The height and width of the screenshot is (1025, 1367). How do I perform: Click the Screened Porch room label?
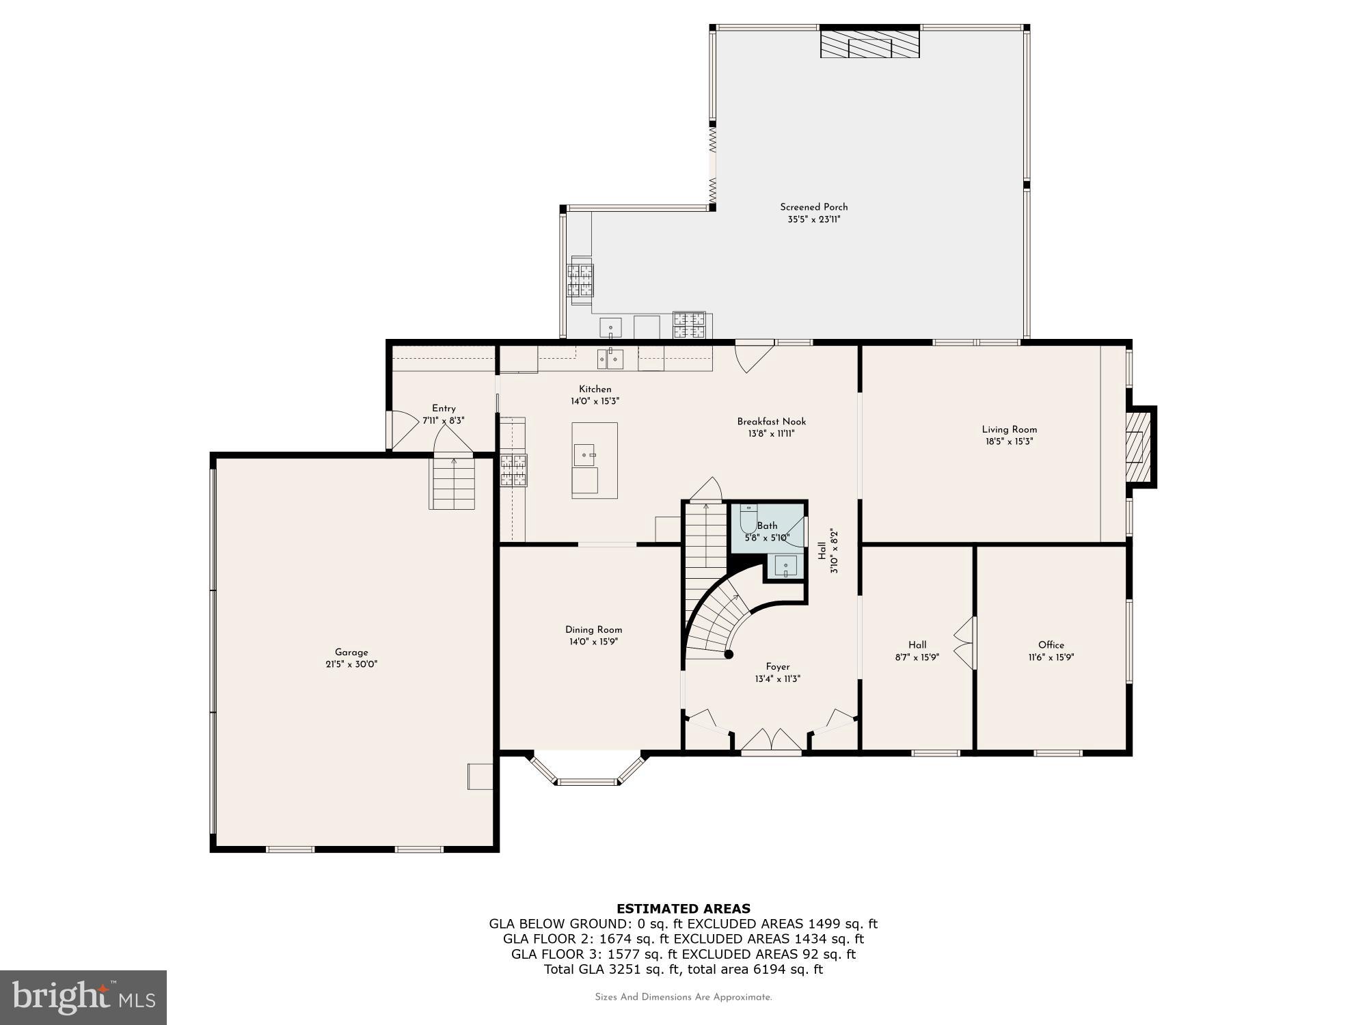pos(813,207)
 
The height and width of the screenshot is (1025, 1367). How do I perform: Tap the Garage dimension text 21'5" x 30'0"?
pos(351,664)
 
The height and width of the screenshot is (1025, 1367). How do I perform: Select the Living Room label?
pos(1009,430)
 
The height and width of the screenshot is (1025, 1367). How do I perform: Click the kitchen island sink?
pos(584,454)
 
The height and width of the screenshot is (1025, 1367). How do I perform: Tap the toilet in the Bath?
pos(748,518)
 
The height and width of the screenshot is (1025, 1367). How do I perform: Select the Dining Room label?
pos(593,630)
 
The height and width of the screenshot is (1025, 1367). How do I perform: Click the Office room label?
pos(1051,645)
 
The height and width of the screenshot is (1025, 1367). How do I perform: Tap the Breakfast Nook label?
pos(771,422)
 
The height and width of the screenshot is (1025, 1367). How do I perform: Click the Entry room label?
pos(444,409)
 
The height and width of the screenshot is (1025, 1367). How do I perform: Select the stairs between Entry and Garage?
pos(452,483)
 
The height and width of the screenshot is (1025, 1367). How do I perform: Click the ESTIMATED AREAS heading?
pos(683,909)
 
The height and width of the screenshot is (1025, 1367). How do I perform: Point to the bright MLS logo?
pos(83,998)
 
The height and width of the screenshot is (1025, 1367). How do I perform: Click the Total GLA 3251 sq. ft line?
pos(683,969)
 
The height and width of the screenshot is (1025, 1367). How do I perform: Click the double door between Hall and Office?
pos(966,643)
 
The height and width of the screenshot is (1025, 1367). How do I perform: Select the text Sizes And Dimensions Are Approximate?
pos(683,997)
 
